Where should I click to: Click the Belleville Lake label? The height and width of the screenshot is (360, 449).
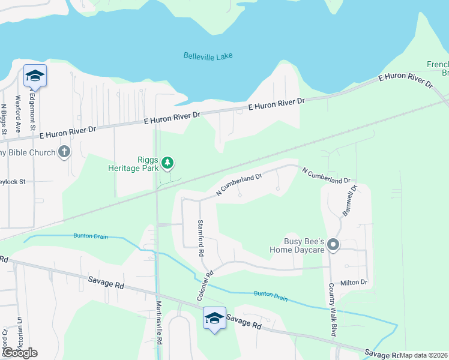[208, 56]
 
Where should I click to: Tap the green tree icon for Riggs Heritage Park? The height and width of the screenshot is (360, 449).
[169, 162]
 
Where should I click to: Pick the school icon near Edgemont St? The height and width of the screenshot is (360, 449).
[35, 76]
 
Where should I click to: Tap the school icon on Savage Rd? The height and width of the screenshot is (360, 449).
[214, 318]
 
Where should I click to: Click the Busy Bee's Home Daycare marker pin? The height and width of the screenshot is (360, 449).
[334, 245]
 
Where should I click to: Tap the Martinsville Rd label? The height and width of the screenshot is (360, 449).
[160, 329]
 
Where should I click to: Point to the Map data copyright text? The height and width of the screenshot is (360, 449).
[424, 355]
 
